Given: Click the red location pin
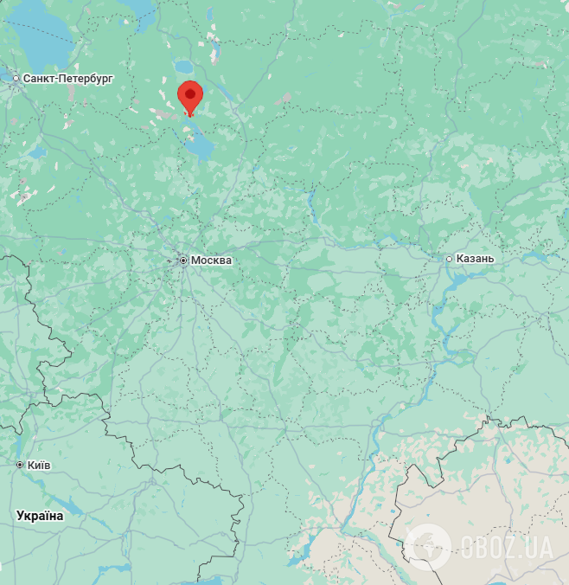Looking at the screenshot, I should tap(190, 95).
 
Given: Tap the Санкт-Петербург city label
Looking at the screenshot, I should tap(68, 79).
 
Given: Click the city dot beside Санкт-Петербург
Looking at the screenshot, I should tap(16, 79).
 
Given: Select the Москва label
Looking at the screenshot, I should tap(212, 260).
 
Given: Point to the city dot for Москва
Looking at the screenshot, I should tap(183, 260).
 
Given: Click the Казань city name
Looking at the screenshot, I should tap(476, 259).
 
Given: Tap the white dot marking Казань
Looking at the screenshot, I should tap(450, 259).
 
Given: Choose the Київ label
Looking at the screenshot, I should tap(39, 466).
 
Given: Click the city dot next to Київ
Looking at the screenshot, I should tap(20, 466).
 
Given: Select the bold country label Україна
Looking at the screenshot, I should tap(40, 516).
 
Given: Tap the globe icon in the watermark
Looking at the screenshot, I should tap(428, 547).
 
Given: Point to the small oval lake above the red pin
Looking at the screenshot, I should tap(184, 66).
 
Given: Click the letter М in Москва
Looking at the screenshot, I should tap(195, 260).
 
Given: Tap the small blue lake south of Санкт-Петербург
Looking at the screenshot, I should tap(36, 152).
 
